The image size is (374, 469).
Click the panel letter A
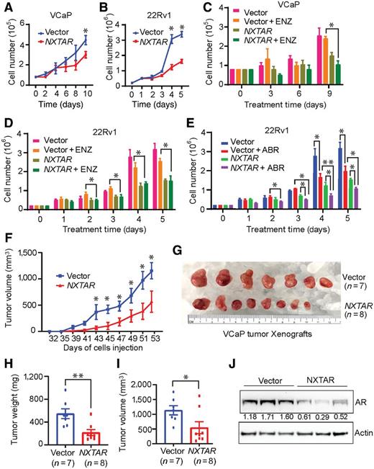point(8,9)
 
